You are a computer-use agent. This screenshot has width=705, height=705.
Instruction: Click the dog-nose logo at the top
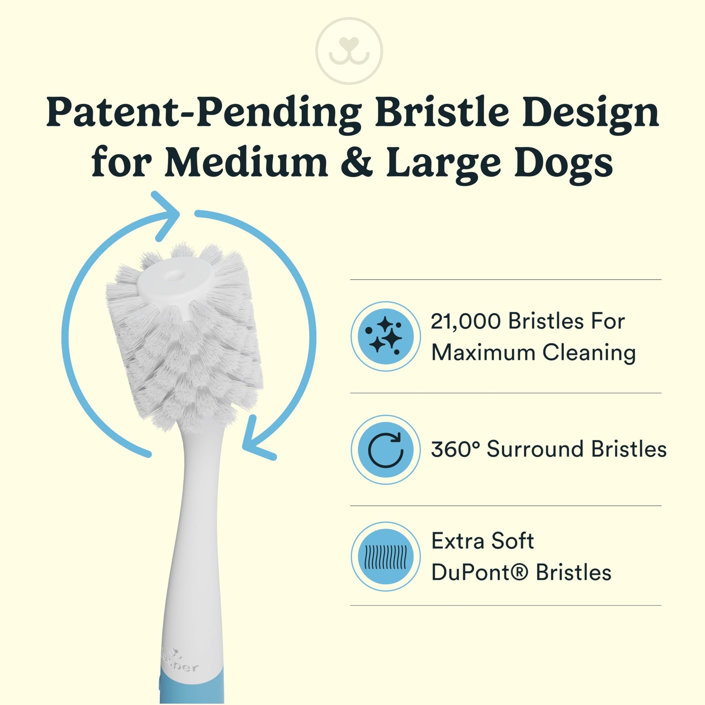[349, 51]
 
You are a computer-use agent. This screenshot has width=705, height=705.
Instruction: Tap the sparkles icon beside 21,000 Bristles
[385, 336]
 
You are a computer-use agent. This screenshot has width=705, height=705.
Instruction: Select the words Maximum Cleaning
[534, 353]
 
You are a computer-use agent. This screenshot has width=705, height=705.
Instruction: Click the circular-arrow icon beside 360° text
[385, 450]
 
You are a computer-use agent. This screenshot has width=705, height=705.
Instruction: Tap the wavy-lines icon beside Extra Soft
[385, 557]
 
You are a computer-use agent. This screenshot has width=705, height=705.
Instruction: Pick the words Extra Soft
[483, 541]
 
